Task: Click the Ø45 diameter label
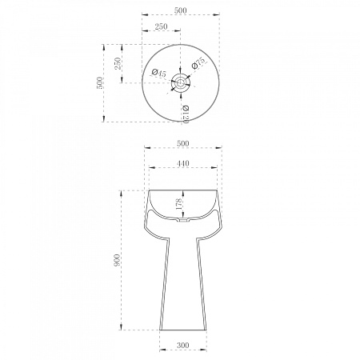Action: tap(158, 73)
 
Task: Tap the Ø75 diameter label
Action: tap(199, 63)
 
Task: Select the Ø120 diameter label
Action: tap(186, 114)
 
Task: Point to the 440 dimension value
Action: tap(183, 163)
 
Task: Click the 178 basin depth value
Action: tap(178, 204)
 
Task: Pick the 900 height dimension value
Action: tap(117, 260)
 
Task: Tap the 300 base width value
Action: tap(183, 345)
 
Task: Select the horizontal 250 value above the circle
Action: tap(162, 26)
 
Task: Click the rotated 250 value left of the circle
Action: tap(118, 63)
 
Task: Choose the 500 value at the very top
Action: tap(181, 10)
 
